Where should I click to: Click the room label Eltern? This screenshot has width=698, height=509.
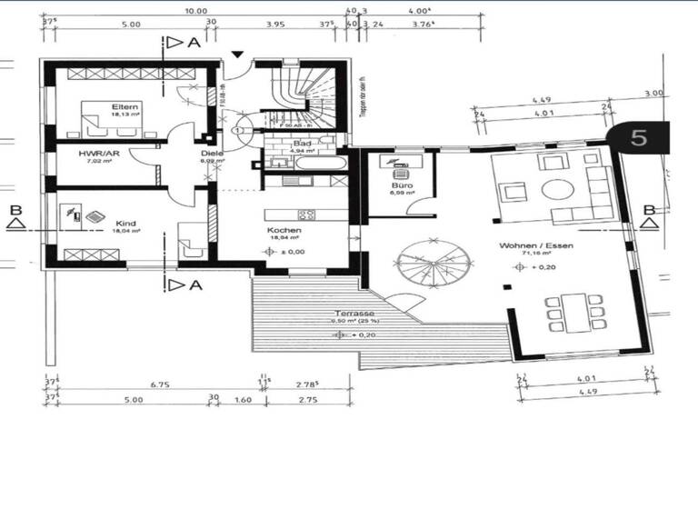pos(123,106)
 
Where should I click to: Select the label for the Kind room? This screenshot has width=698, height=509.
pos(125,222)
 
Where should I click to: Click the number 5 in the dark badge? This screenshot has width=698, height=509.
pos(639,138)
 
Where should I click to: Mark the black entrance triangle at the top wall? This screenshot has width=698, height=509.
pos(237,55)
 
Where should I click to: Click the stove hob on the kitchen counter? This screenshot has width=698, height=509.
pos(306,215)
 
